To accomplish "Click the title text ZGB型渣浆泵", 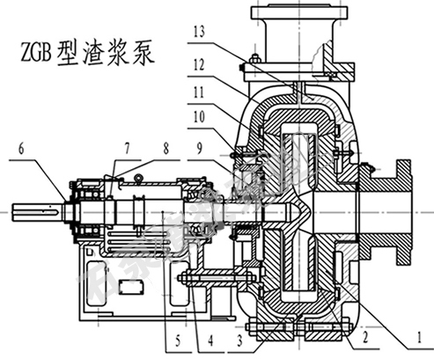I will pos(87,54).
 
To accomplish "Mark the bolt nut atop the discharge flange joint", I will pos(252,61).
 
